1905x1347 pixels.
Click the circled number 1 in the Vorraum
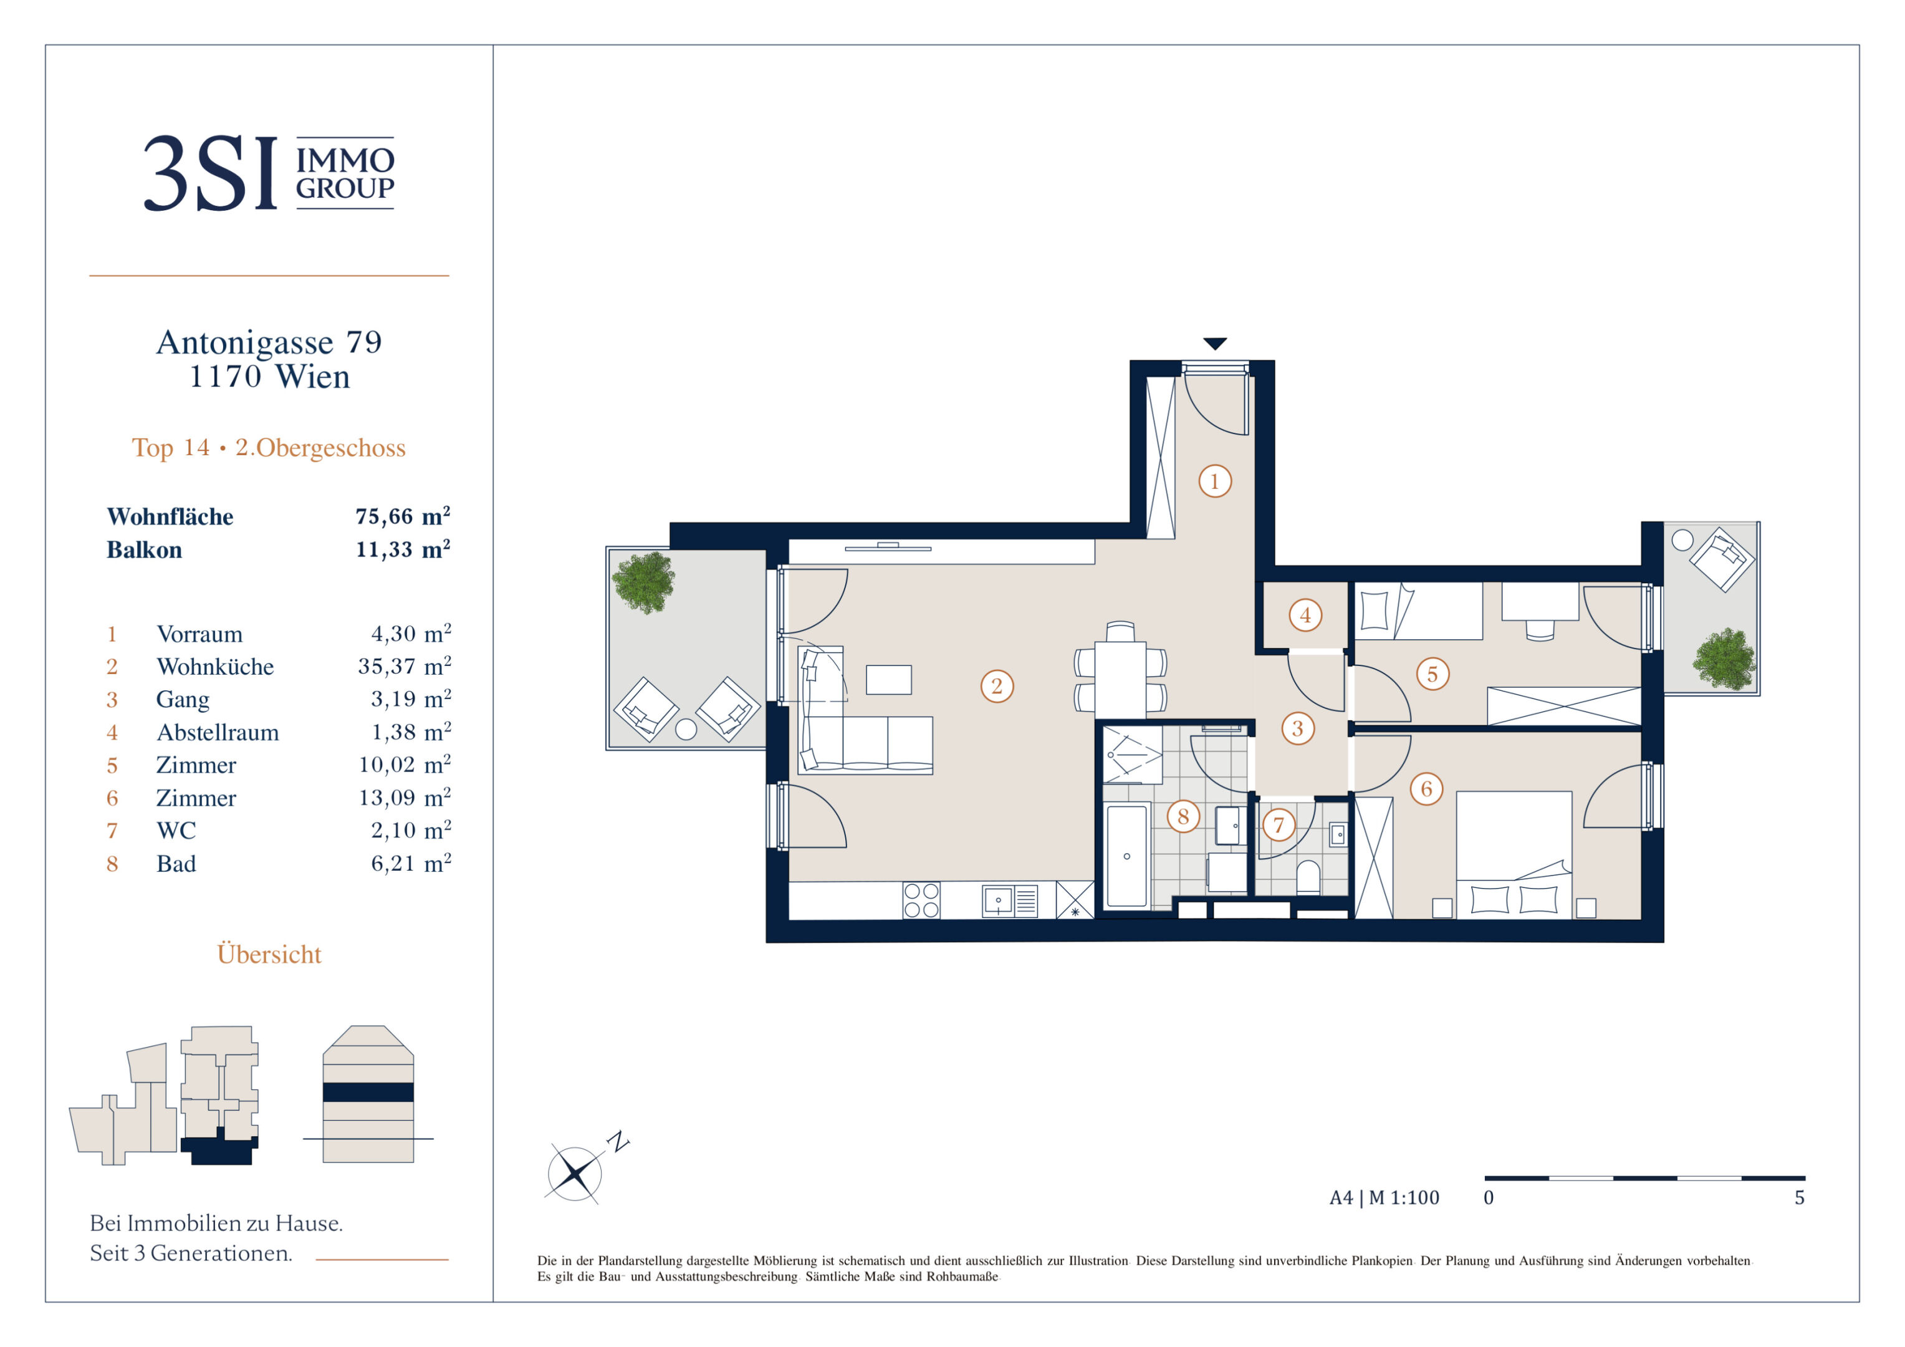[x=1215, y=481]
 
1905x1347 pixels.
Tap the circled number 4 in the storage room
[x=1305, y=615]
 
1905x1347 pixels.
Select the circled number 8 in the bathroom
[x=1183, y=817]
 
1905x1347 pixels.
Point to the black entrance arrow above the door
[x=1215, y=344]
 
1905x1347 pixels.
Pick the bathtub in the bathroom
[x=1127, y=856]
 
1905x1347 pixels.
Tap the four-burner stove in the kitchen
[x=921, y=900]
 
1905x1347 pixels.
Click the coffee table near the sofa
[x=889, y=680]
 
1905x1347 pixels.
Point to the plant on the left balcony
[x=644, y=582]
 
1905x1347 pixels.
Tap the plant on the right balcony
[x=1724, y=660]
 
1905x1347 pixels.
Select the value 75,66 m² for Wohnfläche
[x=403, y=516]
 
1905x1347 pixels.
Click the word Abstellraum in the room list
[x=218, y=733]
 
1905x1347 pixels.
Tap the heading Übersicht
[x=269, y=954]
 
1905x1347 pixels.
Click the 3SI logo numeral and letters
[x=211, y=173]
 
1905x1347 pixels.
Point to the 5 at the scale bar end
[x=1800, y=1197]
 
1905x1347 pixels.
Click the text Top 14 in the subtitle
[x=171, y=448]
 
